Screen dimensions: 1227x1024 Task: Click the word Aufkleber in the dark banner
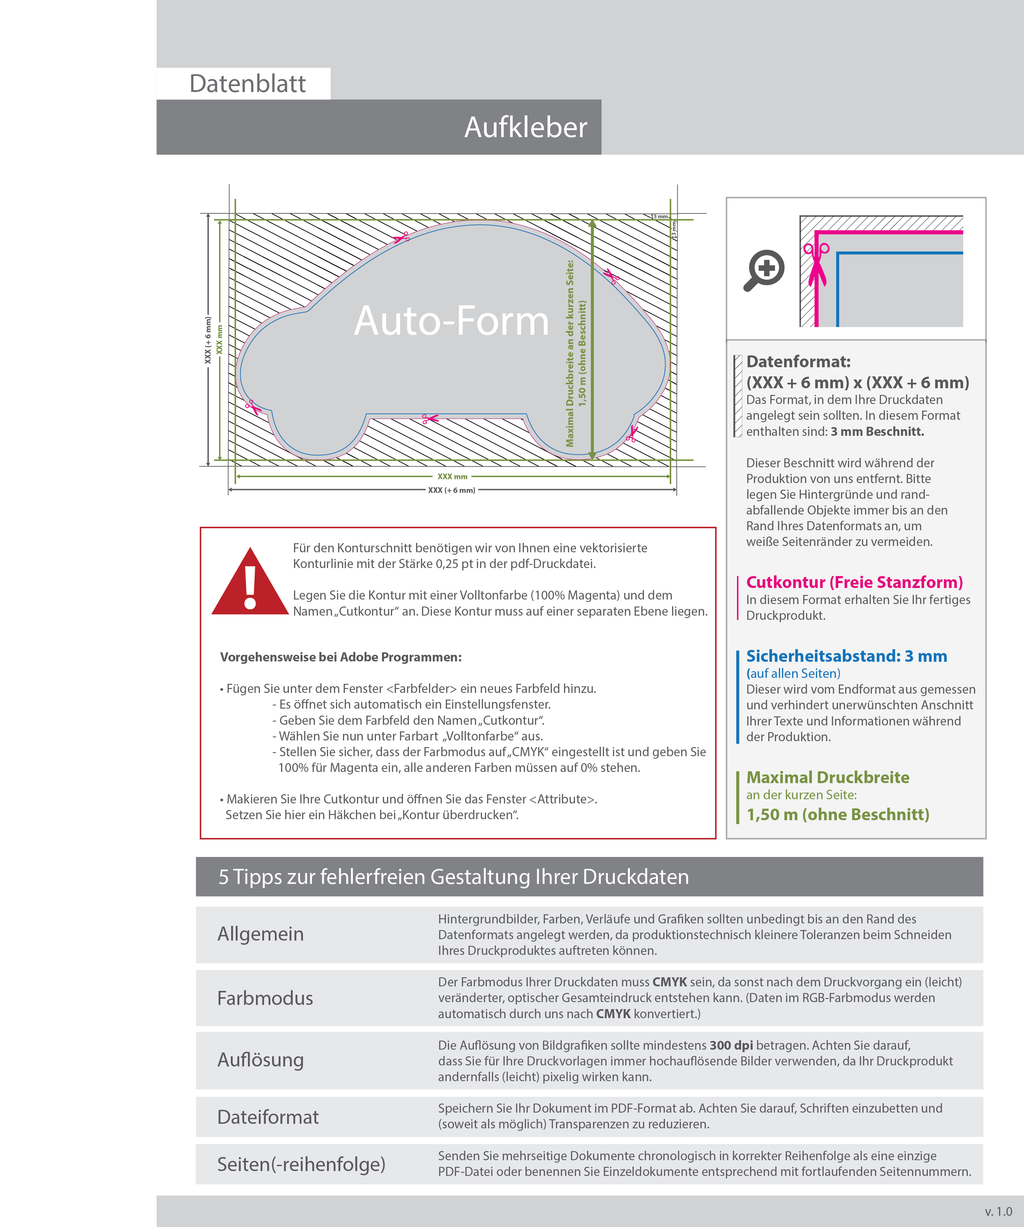[x=525, y=127]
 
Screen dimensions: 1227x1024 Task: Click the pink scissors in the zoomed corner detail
[x=817, y=263]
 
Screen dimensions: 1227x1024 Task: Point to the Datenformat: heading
[x=798, y=362]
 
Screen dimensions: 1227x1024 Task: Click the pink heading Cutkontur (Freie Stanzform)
[x=854, y=582]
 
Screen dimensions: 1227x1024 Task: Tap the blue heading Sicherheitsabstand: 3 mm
[x=846, y=656]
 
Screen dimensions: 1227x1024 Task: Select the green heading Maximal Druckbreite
[x=828, y=778]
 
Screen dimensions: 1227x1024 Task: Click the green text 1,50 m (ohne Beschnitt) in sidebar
[x=838, y=815]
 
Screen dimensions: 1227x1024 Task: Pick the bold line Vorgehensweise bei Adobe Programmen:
[x=341, y=657]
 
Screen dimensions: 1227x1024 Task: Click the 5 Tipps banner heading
[x=453, y=877]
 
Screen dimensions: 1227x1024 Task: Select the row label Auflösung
[x=261, y=1060]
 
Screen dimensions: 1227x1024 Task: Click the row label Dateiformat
[x=268, y=1117]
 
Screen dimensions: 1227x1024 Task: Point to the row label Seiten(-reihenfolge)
[x=301, y=1164]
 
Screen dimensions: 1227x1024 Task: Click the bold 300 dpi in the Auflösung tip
[x=731, y=1045]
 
